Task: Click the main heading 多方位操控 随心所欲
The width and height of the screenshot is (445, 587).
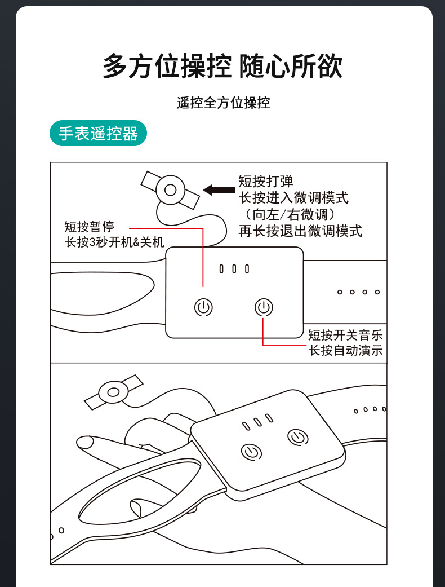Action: pyautogui.click(x=222, y=67)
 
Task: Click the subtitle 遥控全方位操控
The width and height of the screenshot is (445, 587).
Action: pyautogui.click(x=223, y=103)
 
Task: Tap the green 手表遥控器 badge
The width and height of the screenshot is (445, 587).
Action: pyautogui.click(x=98, y=134)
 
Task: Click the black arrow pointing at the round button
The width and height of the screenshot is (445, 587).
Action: pyautogui.click(x=219, y=189)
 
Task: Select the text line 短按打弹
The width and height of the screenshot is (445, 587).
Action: pyautogui.click(x=266, y=182)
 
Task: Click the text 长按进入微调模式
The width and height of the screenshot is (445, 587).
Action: pyautogui.click(x=293, y=198)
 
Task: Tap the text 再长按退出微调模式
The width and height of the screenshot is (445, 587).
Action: pyautogui.click(x=300, y=231)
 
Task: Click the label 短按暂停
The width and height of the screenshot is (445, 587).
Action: pyautogui.click(x=89, y=227)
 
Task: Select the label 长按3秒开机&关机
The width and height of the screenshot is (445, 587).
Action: pyautogui.click(x=114, y=242)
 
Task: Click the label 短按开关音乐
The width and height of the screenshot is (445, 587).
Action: pyautogui.click(x=345, y=334)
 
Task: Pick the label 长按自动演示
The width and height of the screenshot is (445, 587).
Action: pyautogui.click(x=345, y=350)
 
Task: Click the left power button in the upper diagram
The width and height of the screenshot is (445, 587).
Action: pyautogui.click(x=203, y=307)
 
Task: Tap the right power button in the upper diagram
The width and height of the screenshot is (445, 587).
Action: pyautogui.click(x=264, y=307)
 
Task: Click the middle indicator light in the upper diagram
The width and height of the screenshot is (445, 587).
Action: pyautogui.click(x=234, y=269)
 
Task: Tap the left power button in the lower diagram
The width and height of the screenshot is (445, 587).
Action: pyautogui.click(x=252, y=451)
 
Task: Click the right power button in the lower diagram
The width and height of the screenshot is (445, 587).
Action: pyautogui.click(x=297, y=436)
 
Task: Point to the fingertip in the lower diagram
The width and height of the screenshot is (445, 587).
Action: pyautogui.click(x=85, y=442)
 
